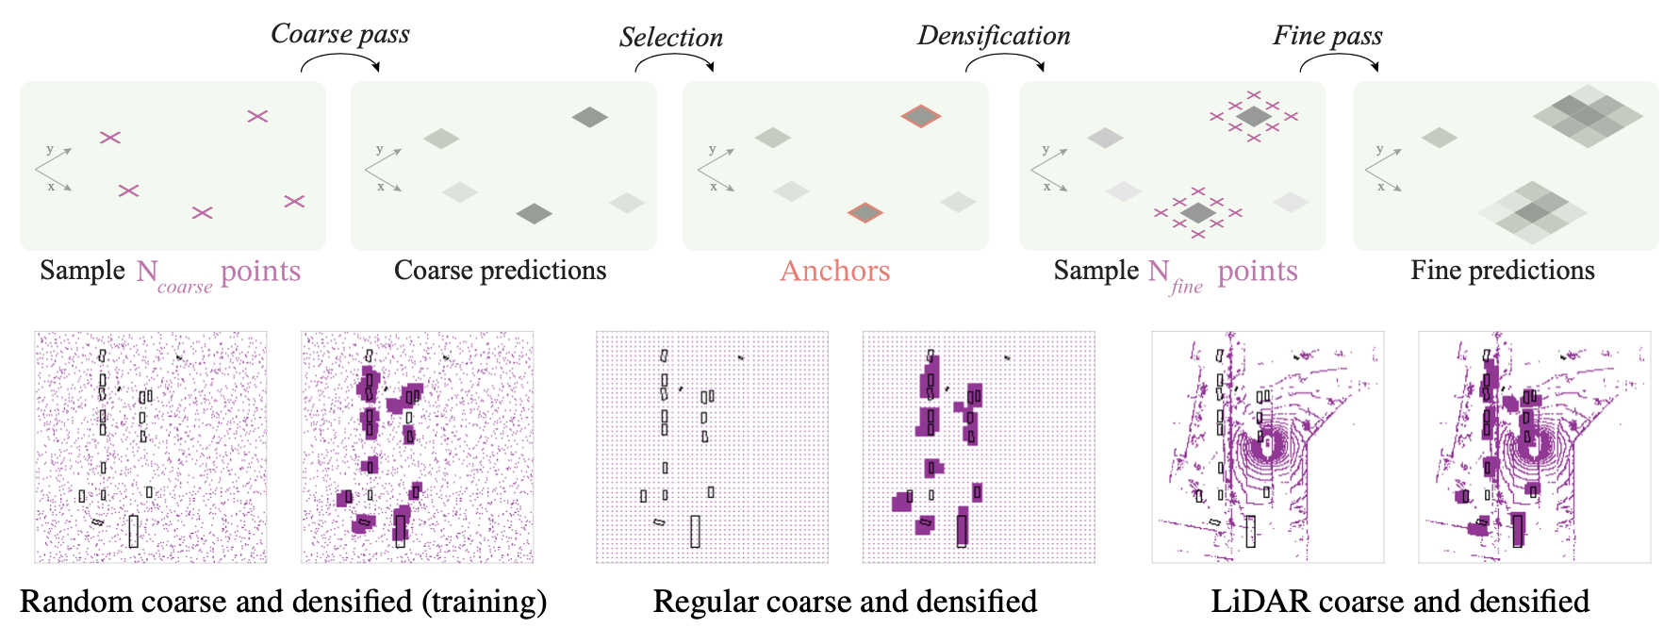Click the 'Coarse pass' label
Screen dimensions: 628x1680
339,34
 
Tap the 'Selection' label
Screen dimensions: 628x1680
670,38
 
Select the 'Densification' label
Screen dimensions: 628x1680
994,36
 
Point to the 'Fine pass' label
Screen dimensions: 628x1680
1327,36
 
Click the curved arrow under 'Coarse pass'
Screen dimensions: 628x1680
340,61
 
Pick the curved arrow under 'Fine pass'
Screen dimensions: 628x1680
1339,61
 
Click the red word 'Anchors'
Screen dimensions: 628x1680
834,272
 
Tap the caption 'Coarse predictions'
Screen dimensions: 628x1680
500,271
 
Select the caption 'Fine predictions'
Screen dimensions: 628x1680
1502,271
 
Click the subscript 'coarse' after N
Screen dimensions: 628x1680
185,287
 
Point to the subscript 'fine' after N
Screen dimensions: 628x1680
1187,286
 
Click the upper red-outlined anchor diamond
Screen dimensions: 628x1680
920,116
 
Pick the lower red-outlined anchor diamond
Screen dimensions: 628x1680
865,212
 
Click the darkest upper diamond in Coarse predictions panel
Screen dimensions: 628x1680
589,117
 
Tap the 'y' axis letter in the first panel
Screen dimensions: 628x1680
50,150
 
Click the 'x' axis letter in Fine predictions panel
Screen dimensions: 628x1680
1381,187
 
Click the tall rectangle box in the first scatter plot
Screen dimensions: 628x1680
134,531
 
